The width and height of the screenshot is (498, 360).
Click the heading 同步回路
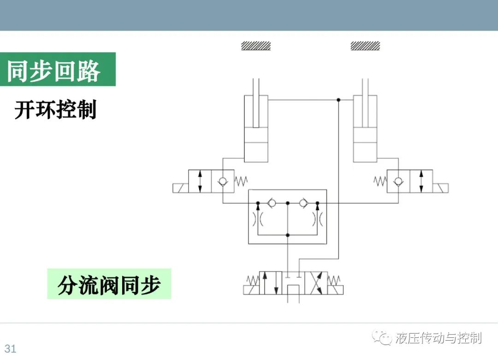53,70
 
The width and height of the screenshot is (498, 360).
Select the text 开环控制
55,109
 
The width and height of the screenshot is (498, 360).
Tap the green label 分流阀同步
109,284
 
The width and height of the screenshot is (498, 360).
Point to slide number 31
10,348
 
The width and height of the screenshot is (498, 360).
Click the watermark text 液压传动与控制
439,338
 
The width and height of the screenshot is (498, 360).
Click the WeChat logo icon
382,337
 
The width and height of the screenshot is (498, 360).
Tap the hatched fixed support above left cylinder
255,46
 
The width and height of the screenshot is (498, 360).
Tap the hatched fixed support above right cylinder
365,46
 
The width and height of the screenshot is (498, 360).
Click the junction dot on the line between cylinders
338,100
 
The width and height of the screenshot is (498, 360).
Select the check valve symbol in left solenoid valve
223,181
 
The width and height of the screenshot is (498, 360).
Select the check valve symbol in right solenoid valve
398,181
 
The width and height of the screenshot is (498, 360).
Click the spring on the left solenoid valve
241,181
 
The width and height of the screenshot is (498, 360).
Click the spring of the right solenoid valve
380,181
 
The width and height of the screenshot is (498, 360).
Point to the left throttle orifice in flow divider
258,219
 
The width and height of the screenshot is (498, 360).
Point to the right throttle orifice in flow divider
318,219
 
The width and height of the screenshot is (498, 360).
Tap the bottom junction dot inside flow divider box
288,235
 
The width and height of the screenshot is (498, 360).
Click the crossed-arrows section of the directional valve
316,283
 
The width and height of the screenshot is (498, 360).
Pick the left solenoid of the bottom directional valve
251,290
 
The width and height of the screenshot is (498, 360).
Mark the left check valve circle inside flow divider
272,203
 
